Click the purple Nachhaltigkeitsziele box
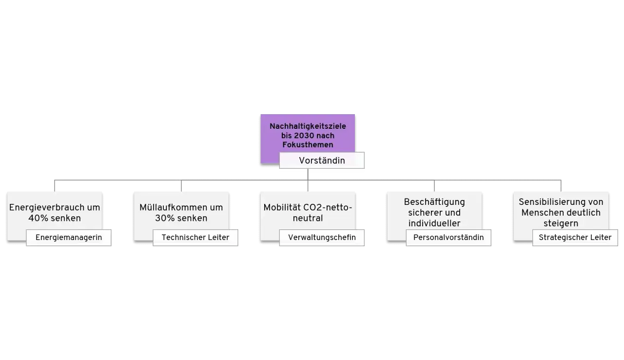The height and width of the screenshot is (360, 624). click(x=308, y=134)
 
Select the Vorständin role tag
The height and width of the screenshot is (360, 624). click(x=322, y=160)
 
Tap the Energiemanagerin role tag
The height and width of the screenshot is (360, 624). click(x=69, y=238)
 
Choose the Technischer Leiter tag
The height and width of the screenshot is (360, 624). click(x=195, y=238)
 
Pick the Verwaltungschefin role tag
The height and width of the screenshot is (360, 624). click(x=322, y=238)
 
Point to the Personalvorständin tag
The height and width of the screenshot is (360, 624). click(x=448, y=238)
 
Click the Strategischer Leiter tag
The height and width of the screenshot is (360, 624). click(x=575, y=238)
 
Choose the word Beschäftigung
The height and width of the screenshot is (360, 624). click(x=434, y=202)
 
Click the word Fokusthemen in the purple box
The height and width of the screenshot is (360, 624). click(x=308, y=145)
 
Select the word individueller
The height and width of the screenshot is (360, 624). click(x=434, y=223)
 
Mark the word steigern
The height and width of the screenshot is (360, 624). click(x=561, y=224)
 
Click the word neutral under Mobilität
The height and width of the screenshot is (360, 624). click(x=308, y=218)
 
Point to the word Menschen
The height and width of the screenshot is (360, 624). click(x=538, y=213)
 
